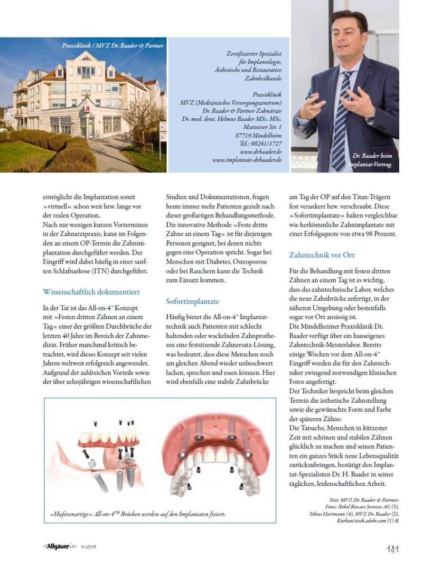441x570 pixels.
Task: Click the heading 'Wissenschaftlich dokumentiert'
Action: (x=91, y=292)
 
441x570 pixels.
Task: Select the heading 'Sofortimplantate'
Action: (x=192, y=301)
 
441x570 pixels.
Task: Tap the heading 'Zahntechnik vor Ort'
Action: (x=322, y=255)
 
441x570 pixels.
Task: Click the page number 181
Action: (x=392, y=549)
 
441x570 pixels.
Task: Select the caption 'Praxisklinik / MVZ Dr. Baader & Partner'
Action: (x=113, y=46)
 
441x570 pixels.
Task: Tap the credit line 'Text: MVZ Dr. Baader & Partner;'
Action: (x=364, y=500)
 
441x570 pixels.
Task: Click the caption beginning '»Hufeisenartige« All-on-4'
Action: (x=137, y=514)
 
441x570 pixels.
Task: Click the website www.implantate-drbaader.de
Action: (x=247, y=160)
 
